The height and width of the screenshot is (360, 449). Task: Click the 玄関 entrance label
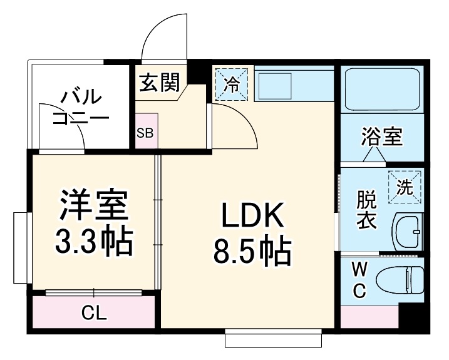[160, 83]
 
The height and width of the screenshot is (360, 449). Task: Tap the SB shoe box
[146, 132]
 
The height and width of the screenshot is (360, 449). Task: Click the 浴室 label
[381, 136]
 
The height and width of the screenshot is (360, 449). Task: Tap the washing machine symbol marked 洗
[405, 187]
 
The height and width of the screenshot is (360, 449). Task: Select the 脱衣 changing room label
[367, 210]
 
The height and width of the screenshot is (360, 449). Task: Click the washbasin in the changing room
[408, 230]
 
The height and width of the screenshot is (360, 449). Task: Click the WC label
[359, 280]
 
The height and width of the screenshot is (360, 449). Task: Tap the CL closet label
[93, 311]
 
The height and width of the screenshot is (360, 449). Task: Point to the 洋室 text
[94, 205]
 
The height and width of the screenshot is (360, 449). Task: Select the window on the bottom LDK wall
[274, 340]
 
